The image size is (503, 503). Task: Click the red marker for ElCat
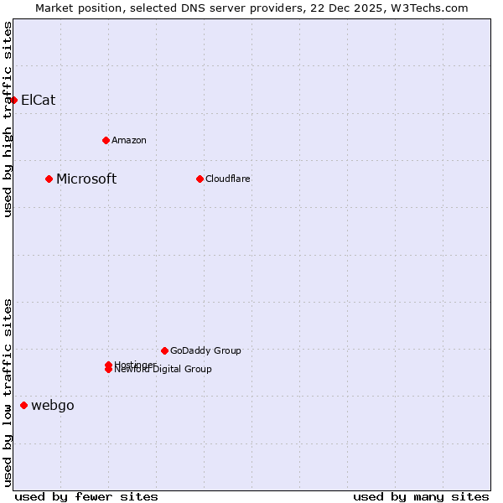coord(13,100)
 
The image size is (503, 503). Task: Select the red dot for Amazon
coord(106,140)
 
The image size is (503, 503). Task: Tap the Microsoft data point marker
coord(49,179)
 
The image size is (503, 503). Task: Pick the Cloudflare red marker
coord(200,179)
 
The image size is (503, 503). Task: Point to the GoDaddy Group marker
coord(164,350)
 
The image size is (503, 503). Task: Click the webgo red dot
coord(23,406)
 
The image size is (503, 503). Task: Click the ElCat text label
coord(39,100)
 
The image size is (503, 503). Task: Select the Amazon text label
coord(129,140)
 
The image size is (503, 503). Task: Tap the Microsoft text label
coord(86,179)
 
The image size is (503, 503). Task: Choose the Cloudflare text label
coord(228,179)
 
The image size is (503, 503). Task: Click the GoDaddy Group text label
coord(205,350)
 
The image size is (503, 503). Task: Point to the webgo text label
coord(53,406)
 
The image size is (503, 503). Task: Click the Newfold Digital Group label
coord(164,370)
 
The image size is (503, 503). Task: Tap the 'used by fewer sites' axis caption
coord(86,496)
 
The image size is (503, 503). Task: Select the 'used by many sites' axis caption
coord(421,496)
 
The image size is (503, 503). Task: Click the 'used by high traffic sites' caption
coord(8,119)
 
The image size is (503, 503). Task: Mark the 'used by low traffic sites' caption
coord(8,392)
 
